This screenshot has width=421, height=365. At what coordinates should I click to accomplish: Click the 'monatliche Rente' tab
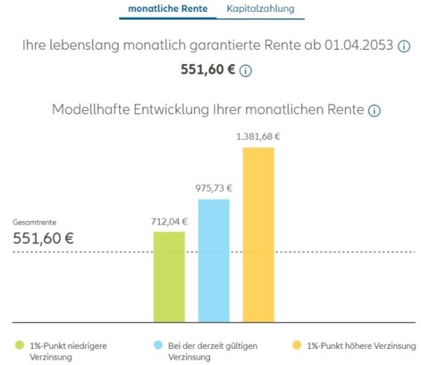168,9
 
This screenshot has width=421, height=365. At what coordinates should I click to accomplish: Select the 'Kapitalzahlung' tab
260,9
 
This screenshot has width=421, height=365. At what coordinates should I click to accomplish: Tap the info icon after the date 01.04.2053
404,46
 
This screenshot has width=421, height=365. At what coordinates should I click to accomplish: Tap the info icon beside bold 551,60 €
246,71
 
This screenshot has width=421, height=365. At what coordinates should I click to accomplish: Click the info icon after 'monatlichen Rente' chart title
374,111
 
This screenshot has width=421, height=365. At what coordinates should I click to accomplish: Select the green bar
169,275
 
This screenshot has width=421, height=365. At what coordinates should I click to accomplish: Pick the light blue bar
213,259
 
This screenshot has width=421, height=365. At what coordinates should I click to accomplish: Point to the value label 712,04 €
169,222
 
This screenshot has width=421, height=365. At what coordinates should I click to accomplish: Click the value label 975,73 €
213,188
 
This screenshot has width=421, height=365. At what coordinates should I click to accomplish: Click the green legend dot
20,345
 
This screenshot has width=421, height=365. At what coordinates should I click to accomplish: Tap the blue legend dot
158,345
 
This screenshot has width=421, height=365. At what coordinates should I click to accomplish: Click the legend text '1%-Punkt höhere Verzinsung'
361,345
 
